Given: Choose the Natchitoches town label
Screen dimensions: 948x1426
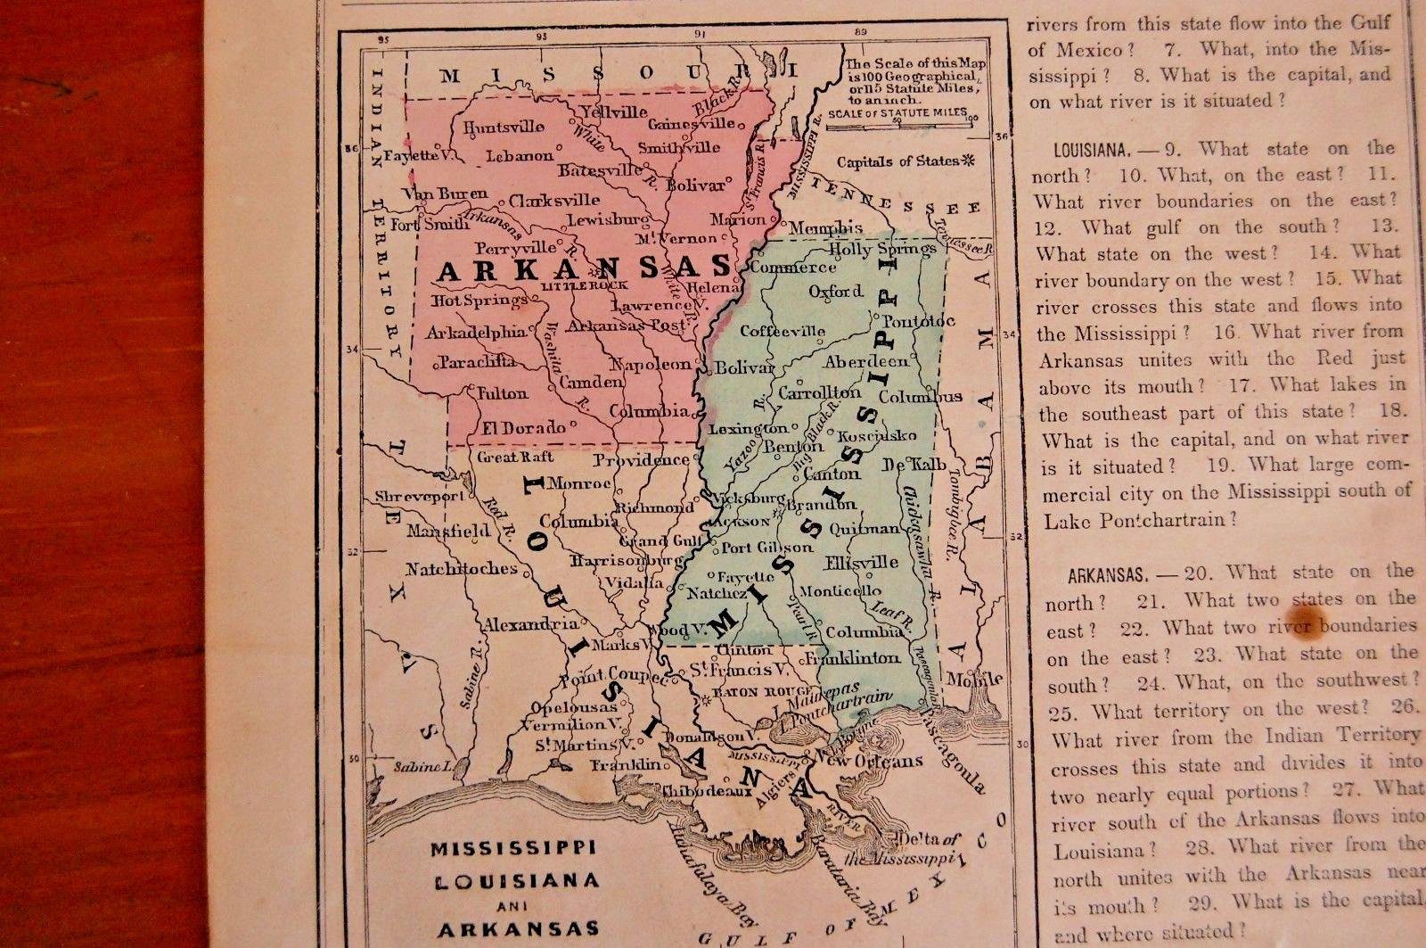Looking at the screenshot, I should pos(461,568).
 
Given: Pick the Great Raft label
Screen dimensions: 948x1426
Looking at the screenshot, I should pos(515,457).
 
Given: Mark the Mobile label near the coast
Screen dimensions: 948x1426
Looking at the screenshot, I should pos(969,679).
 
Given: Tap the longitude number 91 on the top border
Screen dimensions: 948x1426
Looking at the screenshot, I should pos(701,35).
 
